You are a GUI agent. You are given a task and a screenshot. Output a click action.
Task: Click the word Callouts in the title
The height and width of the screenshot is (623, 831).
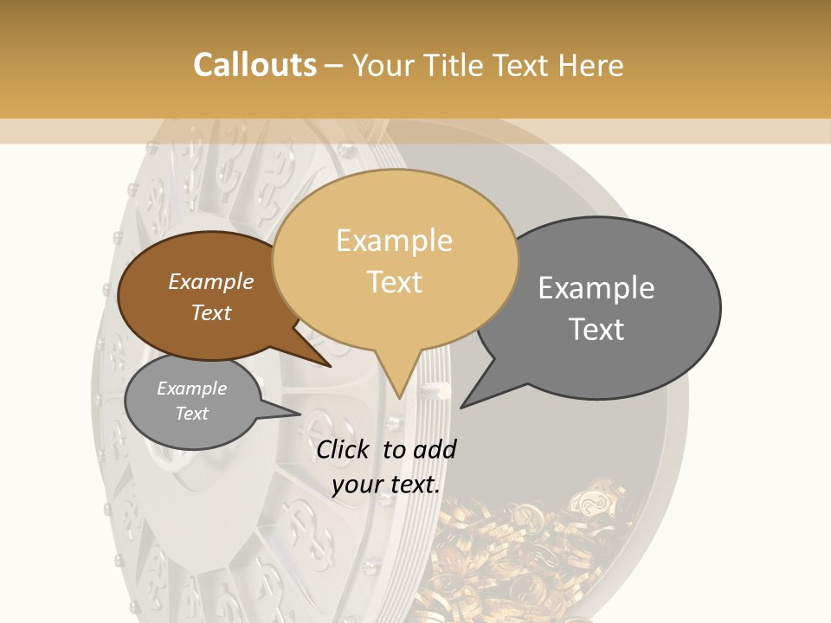point(254,65)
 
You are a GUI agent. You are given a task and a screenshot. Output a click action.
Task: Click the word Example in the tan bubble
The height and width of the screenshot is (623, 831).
point(395,241)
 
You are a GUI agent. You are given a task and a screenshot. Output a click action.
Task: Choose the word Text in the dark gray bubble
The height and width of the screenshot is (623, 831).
point(596,330)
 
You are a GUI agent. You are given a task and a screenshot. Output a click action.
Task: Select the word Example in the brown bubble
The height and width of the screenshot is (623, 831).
point(211,282)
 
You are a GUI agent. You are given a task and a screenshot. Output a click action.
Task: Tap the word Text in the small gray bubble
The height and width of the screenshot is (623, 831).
point(192,414)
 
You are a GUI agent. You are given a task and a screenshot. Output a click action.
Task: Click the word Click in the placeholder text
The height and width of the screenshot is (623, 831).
point(345,449)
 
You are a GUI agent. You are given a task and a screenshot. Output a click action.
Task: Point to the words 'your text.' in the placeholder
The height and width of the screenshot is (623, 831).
point(386,485)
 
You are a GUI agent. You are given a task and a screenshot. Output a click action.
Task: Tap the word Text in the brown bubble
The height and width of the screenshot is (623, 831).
point(211,313)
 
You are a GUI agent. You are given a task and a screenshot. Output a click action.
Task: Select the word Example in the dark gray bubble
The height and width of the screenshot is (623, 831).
point(596,288)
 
